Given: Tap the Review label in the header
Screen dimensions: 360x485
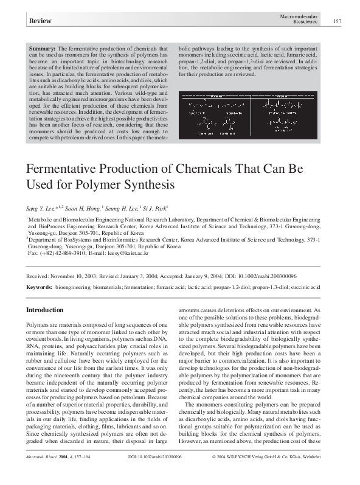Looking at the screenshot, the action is (x=40, y=22).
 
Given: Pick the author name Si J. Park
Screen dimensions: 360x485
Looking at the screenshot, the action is (x=157, y=207).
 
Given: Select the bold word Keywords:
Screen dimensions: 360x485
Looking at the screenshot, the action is (x=39, y=285).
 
